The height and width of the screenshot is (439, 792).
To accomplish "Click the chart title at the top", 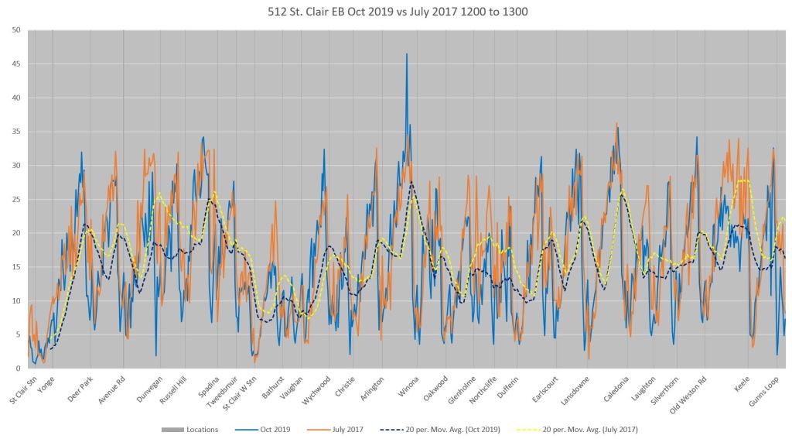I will click(395, 12).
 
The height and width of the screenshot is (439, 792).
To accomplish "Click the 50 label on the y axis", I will click(16, 29).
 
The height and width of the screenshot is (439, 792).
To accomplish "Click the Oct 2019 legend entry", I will click(275, 429).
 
